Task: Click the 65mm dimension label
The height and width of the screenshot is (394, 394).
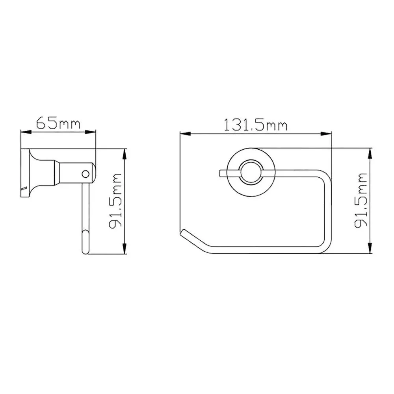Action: pos(58,123)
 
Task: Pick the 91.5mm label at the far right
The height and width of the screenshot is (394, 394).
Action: pos(361,200)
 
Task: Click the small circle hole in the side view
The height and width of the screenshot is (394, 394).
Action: pos(85,174)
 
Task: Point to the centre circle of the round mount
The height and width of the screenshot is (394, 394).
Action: pos(251,172)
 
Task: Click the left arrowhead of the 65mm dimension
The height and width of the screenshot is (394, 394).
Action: pos(26,132)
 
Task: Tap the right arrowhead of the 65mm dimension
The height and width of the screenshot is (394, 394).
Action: pos(91,132)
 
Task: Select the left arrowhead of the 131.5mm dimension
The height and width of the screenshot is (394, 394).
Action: pos(186,134)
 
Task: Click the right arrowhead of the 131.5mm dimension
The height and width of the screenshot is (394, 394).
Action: pos(326,134)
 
